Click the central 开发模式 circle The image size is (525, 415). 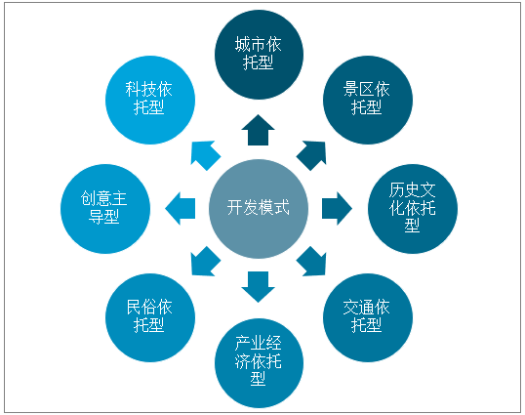click(259, 209)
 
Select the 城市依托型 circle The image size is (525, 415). click(259, 55)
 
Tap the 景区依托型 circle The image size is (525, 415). click(368, 100)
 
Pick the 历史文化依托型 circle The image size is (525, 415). click(413, 209)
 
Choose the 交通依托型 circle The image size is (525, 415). click(368, 317)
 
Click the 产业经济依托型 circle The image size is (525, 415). click(259, 363)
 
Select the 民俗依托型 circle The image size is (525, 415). click(150, 317)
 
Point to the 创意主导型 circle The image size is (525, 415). click(105, 209)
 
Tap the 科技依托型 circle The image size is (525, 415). click(150, 100)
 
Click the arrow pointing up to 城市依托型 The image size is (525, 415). click(259, 131)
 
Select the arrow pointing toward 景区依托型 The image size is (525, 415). click(312, 154)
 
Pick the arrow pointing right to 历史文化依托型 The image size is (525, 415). click(337, 208)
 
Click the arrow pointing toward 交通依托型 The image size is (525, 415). click(312, 262)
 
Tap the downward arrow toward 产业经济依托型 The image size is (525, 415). click(259, 286)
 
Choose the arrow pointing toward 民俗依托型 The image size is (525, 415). click(205, 262)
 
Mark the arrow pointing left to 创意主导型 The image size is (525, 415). click(181, 208)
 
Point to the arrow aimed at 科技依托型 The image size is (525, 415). click(205, 154)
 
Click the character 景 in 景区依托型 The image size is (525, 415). click(351, 90)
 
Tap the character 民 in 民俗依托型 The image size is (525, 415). click(135, 307)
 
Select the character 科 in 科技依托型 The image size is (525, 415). click(134, 90)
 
